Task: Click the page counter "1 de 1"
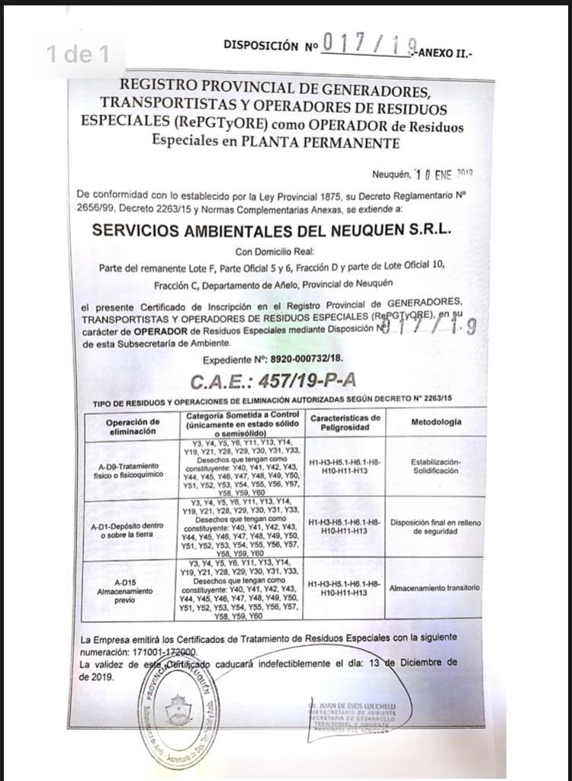coord(78,54)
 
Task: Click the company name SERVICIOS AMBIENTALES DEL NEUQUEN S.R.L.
coord(272,230)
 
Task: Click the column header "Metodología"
coord(435,423)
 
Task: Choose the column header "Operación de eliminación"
coord(133,426)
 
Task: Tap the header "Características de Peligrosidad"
coord(345,423)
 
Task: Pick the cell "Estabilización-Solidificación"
coord(435,466)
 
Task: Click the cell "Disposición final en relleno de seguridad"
coord(435,527)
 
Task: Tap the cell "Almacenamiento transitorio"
coord(435,589)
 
